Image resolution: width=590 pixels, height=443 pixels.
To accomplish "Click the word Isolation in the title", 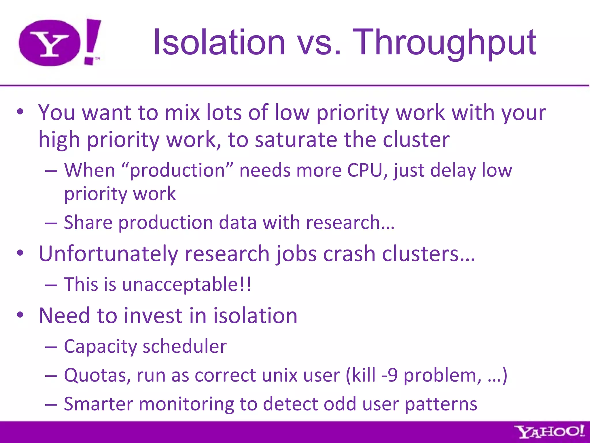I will click(219, 42).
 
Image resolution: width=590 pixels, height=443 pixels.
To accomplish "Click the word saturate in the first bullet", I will click(296, 140).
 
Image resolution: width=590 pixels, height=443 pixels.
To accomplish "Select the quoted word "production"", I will click(177, 170).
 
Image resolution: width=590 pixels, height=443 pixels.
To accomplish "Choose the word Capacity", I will click(100, 347).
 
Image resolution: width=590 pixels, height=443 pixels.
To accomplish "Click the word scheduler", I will click(185, 346).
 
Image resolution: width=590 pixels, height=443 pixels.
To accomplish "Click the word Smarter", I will click(98, 404).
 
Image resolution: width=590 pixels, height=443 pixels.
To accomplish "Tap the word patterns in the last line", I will click(441, 404).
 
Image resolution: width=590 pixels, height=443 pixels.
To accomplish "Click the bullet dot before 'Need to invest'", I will click(20, 315).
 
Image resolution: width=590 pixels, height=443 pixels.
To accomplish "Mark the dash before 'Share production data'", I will click(51, 223).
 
